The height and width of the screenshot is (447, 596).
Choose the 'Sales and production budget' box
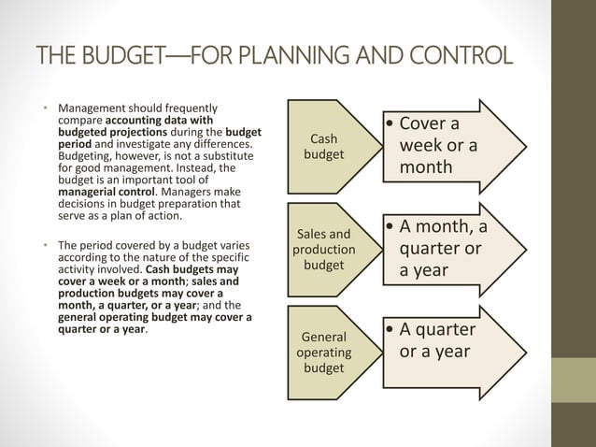tap(324, 250)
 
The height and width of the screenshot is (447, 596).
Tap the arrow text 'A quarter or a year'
tap(437, 340)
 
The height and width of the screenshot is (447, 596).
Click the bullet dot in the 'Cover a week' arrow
tap(390, 124)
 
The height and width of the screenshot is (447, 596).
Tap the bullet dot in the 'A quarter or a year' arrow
tap(390, 330)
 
